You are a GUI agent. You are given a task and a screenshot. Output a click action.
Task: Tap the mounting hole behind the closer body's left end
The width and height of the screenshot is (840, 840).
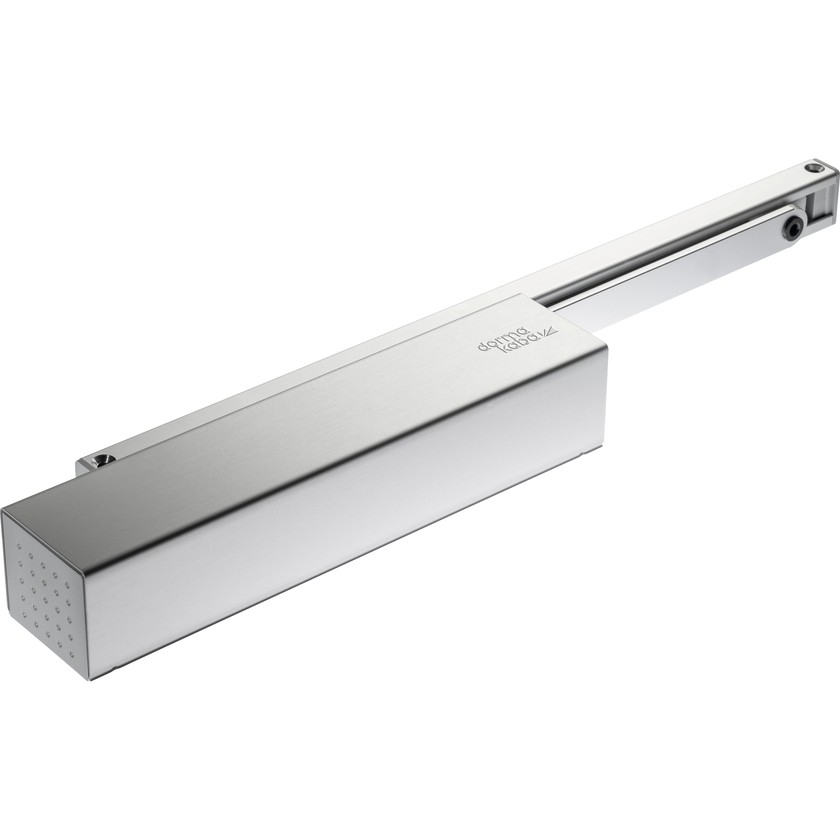(x=98, y=461)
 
